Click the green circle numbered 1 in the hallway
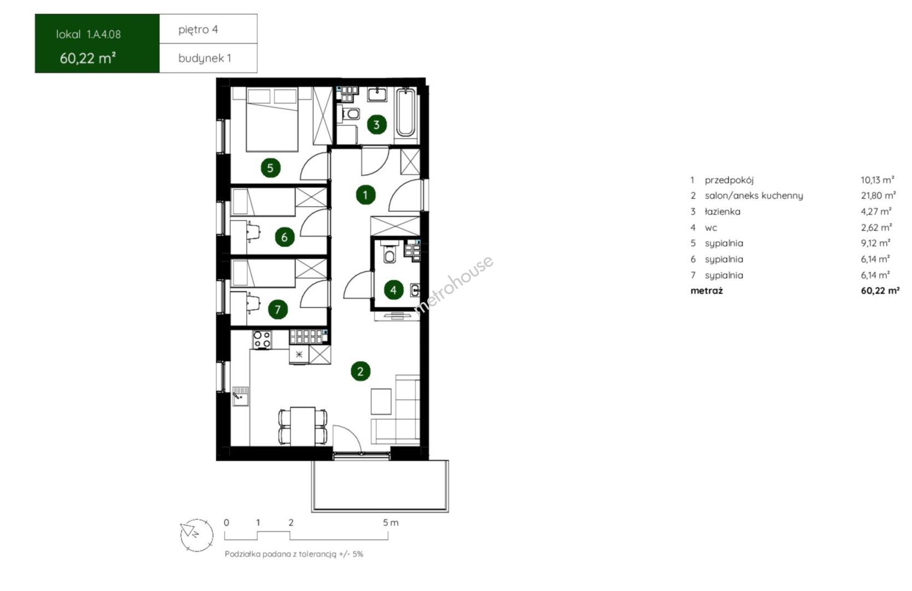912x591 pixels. coord(365,195)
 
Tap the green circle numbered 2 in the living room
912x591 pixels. coord(361,371)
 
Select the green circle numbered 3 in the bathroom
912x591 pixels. coord(376,124)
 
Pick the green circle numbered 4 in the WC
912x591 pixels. coord(393,289)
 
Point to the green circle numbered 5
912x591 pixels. coord(270,167)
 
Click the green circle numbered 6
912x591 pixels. coord(284,236)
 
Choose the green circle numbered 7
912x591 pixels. coord(278,310)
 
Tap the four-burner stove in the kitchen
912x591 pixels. coord(262,339)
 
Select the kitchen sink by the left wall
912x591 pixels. coord(240,396)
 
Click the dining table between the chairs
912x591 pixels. coord(303,426)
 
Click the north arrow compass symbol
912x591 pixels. coord(196,535)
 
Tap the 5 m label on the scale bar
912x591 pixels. coord(391,523)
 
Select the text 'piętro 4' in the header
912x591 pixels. coord(198,30)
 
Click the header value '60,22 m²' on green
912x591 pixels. coord(88,58)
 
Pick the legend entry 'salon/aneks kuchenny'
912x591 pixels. coord(754,195)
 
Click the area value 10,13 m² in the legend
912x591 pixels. coord(878,179)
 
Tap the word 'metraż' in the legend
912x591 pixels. coord(706,291)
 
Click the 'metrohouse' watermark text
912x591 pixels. coord(453,285)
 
